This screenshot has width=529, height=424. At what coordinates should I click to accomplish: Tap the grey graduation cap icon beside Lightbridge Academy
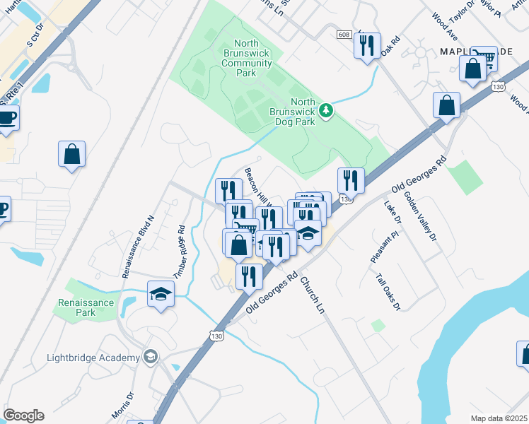click(x=149, y=357)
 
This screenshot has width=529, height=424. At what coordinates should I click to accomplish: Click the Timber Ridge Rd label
click(x=179, y=250)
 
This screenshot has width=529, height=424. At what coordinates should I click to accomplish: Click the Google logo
click(x=23, y=416)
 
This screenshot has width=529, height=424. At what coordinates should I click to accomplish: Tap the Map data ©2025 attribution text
click(x=498, y=418)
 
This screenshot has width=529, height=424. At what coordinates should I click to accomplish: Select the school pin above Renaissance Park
click(x=161, y=293)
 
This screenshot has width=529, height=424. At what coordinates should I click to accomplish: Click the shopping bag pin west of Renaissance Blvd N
click(x=71, y=154)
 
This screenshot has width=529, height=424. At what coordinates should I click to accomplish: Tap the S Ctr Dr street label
click(x=35, y=35)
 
